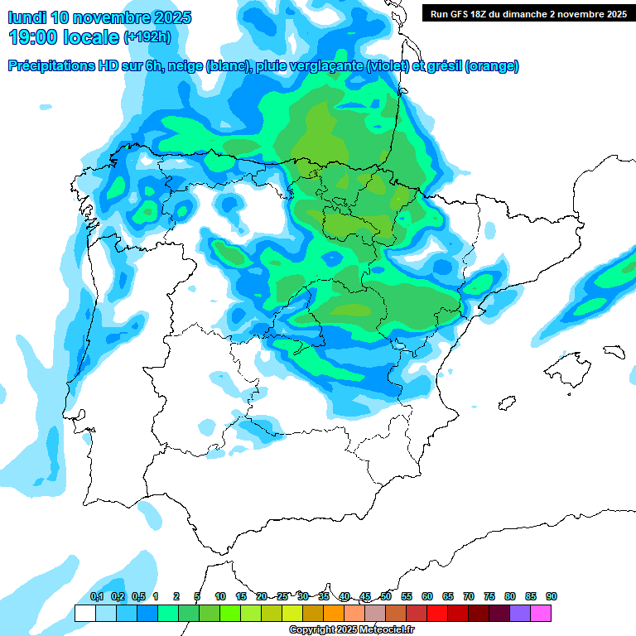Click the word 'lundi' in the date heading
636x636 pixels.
pos(27,17)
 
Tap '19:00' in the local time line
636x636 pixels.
pos(36,37)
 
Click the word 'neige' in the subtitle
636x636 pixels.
pos(185,66)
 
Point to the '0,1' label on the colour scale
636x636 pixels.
pos(97,596)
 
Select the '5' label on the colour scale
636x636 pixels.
pos(197,596)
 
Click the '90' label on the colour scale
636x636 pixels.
pos(552,596)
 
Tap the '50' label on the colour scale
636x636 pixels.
pos(386,596)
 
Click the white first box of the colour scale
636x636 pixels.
pos(84,613)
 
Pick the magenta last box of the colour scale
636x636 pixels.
pos(541,613)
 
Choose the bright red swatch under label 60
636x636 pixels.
pos(437,613)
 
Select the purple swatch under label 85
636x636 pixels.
pos(520,613)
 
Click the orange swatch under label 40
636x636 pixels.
pos(334,613)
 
